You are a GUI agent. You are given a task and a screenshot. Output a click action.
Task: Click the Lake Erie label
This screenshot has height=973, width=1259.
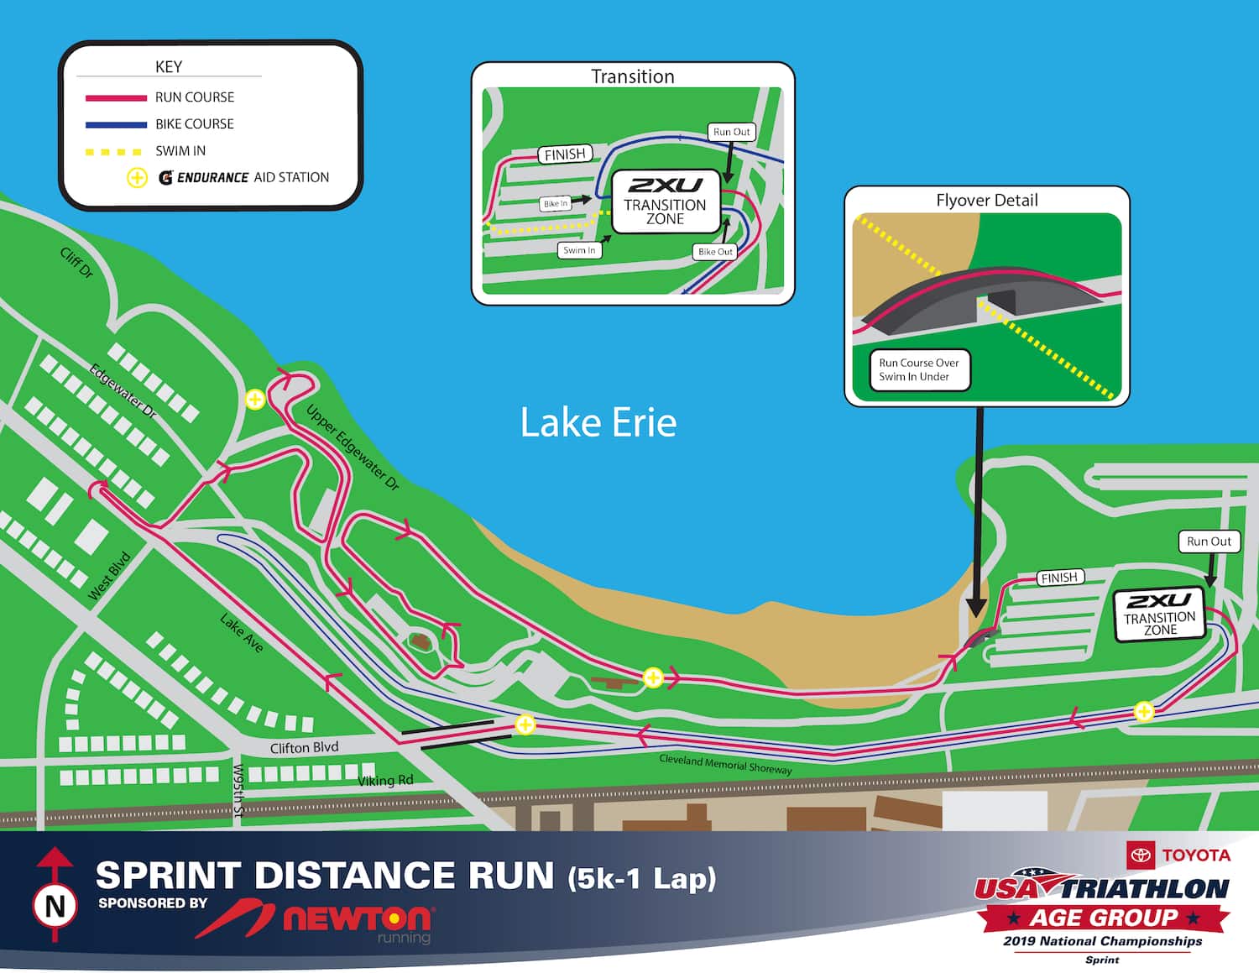pyautogui.click(x=598, y=422)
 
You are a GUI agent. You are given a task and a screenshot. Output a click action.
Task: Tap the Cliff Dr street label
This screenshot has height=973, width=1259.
pyautogui.click(x=76, y=263)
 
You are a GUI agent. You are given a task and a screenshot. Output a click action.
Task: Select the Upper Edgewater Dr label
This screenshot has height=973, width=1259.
pyautogui.click(x=353, y=447)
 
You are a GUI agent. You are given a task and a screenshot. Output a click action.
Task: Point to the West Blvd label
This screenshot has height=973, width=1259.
pyautogui.click(x=110, y=575)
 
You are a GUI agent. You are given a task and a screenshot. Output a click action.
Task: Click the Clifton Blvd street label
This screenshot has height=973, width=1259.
pyautogui.click(x=304, y=747)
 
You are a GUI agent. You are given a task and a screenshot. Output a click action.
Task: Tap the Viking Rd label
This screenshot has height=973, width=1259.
pyautogui.click(x=385, y=781)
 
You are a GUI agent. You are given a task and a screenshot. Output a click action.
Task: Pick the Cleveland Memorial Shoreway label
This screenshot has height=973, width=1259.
pyautogui.click(x=725, y=763)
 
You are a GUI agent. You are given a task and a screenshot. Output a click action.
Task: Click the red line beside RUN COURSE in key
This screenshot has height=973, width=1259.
pyautogui.click(x=116, y=98)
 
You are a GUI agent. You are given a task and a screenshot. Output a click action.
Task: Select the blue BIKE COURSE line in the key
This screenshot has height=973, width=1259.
pyautogui.click(x=116, y=125)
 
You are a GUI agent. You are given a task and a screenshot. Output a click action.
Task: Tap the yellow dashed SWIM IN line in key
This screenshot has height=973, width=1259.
pyautogui.click(x=114, y=152)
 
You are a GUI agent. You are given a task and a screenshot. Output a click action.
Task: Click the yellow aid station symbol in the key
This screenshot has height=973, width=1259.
pyautogui.click(x=137, y=178)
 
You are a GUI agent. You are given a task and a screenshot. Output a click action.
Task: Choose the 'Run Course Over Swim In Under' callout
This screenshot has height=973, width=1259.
pyautogui.click(x=919, y=370)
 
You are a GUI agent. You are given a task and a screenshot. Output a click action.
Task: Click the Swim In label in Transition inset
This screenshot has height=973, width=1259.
pyautogui.click(x=579, y=250)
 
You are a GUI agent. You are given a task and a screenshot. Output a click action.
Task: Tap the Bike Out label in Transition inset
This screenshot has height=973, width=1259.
pyautogui.click(x=715, y=252)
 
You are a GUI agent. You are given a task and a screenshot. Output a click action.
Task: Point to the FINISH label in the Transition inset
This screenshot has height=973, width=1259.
pyautogui.click(x=565, y=154)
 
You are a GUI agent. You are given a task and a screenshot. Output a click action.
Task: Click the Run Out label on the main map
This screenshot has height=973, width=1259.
pyautogui.click(x=1209, y=541)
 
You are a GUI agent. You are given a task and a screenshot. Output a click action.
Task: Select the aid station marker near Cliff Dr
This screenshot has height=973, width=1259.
pyautogui.click(x=255, y=400)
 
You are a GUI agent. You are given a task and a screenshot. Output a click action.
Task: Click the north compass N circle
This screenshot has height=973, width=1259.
pyautogui.click(x=55, y=906)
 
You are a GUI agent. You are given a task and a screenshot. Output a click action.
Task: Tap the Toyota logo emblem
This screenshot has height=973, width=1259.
pyautogui.click(x=1141, y=855)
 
